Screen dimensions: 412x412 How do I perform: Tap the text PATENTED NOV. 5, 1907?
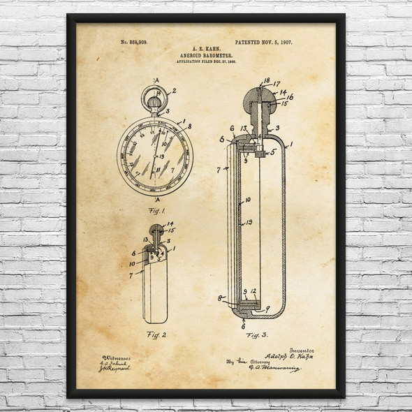264,43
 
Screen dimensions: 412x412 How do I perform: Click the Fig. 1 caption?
154,211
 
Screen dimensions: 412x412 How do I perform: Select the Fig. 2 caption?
156,334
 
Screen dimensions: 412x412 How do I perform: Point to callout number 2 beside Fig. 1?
174,91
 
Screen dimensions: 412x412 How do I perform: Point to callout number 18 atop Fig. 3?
267,81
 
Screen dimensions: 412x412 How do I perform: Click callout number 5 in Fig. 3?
274,150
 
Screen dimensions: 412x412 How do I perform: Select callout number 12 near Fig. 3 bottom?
255,291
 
